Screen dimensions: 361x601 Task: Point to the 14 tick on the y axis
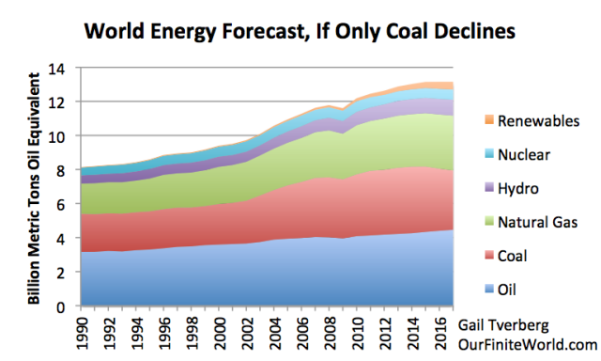point(64,68)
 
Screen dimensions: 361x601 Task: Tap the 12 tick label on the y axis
point(64,102)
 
